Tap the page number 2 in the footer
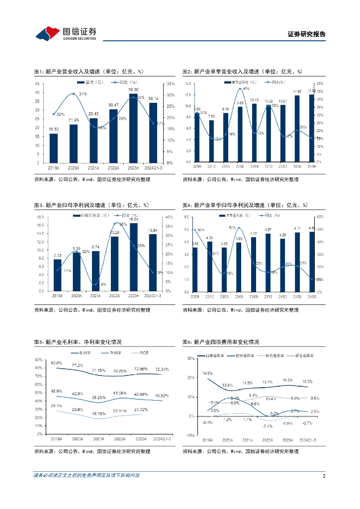pos(324,476)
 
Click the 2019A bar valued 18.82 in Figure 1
pos(53,148)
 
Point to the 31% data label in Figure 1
pos(83,94)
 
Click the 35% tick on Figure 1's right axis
pos(171,84)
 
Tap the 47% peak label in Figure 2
pos(246,88)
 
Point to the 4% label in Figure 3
pos(103,284)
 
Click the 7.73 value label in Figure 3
pos(57,255)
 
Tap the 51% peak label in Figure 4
pos(232,228)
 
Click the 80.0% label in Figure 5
pos(56,363)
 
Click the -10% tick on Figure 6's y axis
pos(189,435)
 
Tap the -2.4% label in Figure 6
pos(268,426)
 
